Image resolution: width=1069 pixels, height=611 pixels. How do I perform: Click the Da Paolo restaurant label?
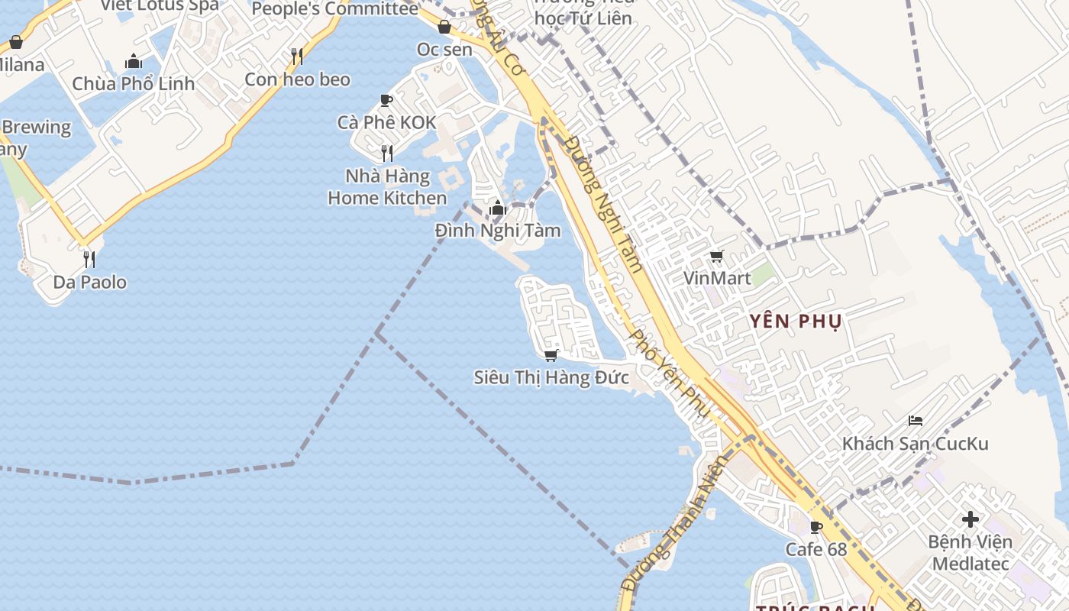(x=89, y=282)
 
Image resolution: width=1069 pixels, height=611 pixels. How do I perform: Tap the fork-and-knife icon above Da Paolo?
(x=89, y=259)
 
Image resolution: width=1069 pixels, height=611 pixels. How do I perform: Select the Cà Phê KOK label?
(x=387, y=122)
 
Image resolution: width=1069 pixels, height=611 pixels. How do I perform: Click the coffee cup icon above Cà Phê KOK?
(x=386, y=100)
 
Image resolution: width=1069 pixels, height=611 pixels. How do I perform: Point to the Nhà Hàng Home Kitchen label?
(x=387, y=187)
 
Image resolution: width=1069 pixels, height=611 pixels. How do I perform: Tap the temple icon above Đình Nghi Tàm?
(x=498, y=208)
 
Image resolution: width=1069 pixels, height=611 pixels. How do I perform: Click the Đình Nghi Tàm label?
(x=498, y=230)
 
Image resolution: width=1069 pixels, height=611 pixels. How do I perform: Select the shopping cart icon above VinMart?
(x=716, y=257)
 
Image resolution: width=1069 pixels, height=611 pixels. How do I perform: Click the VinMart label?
(x=717, y=278)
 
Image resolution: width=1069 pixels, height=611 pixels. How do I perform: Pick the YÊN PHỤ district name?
(x=796, y=321)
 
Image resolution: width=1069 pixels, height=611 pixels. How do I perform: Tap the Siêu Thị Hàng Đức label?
(x=551, y=377)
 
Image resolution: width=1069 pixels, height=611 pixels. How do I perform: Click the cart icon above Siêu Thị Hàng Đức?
(x=551, y=355)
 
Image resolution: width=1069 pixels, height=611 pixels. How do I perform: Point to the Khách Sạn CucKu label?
(x=915, y=443)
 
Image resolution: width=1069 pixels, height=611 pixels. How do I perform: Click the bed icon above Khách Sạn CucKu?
(x=916, y=421)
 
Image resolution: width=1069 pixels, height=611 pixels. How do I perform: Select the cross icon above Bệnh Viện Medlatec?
(x=970, y=520)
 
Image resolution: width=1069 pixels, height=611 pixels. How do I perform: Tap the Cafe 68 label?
(x=816, y=549)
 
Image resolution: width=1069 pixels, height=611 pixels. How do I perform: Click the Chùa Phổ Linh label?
(x=134, y=83)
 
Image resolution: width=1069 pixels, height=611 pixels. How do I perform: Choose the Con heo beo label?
(x=297, y=79)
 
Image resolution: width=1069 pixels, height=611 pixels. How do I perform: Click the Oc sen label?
(x=444, y=49)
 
